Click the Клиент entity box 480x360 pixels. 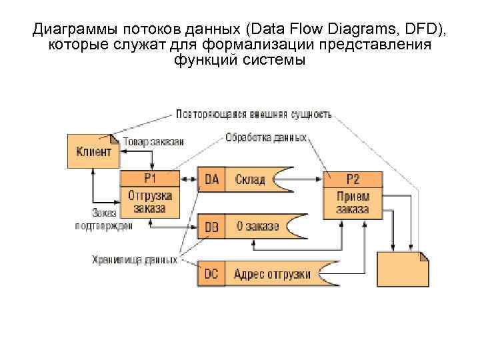[x=94, y=151]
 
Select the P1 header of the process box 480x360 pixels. [x=150, y=179]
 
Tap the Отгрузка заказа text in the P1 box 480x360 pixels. [x=150, y=202]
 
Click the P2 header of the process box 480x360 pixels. [x=353, y=179]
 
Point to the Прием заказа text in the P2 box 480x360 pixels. [x=353, y=202]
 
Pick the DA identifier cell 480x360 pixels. [x=212, y=179]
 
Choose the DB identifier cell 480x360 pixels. [x=212, y=227]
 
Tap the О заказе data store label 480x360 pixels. [x=257, y=227]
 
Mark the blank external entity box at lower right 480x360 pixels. [x=403, y=269]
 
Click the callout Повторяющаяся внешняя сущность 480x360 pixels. [x=253, y=114]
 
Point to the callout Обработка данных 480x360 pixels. [x=266, y=138]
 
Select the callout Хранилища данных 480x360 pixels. [x=134, y=259]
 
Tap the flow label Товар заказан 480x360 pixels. [x=154, y=141]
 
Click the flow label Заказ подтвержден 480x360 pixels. [x=103, y=219]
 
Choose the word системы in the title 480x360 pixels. [x=275, y=60]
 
